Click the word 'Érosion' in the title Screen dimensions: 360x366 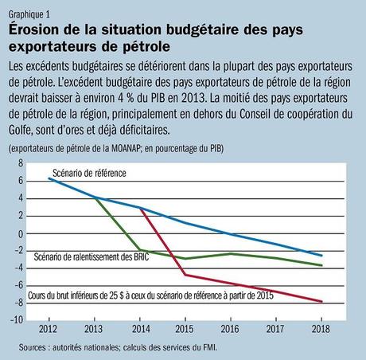click(x=37, y=29)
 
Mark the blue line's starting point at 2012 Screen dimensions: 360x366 click(x=49, y=178)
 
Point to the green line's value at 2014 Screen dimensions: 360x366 click(x=140, y=249)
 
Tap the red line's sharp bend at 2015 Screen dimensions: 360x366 click(x=185, y=275)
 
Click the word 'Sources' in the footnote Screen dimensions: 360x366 click(x=31, y=348)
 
